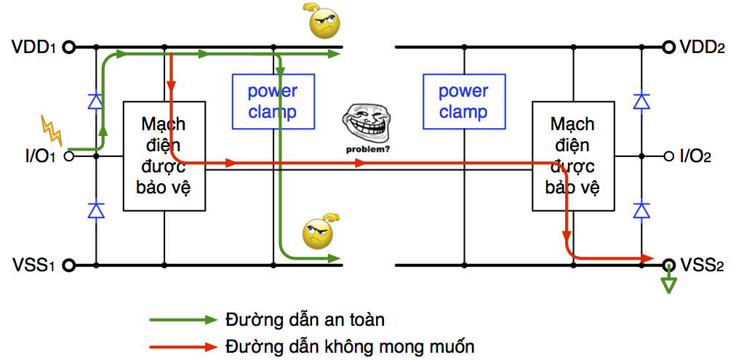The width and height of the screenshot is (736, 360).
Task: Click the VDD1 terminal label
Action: pos(33,48)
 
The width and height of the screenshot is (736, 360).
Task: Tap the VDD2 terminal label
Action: pos(702,48)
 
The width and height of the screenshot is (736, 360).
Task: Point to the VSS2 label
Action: pos(702,265)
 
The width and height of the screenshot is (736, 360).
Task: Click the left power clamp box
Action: pos(273,102)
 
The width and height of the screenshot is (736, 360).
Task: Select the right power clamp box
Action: pos(463,102)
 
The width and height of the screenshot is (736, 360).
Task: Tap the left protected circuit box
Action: pos(164,156)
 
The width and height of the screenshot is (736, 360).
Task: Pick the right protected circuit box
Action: pos(572,156)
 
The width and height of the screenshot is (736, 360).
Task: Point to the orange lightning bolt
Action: pos(52,130)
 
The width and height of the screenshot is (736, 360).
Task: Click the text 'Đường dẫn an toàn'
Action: pos(305,320)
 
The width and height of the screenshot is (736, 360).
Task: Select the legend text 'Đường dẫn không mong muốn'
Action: pos(350,345)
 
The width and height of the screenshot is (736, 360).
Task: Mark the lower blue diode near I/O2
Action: pos(641,210)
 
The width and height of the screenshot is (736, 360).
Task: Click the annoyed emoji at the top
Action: pos(324,23)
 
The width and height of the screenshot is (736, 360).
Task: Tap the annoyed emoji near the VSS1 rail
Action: pos(318,233)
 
